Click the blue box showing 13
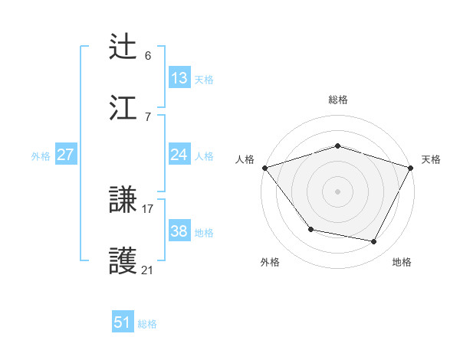pos(179,78)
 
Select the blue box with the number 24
pos(179,155)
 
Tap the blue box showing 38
pos(179,231)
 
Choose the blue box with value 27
pos(66,155)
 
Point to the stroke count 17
pos(148,208)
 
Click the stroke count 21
pos(148,270)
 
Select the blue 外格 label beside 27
pos(41,155)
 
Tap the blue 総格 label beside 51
pos(147,323)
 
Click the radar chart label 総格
pos(337,100)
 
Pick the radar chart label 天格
pos(431,159)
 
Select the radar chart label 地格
pos(402,262)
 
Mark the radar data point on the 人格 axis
pos(264,168)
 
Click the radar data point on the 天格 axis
pos(411,168)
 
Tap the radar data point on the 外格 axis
pos(310,229)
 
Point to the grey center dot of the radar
pos(337,191)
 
